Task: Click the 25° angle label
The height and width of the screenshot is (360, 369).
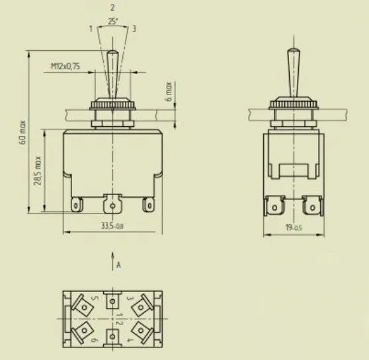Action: tap(113, 21)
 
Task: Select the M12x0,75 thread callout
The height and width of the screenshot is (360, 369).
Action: tap(65, 66)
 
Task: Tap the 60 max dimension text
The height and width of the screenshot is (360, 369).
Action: tap(23, 132)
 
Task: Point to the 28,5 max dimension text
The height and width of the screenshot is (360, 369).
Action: tap(38, 170)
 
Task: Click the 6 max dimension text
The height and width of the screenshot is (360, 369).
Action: tap(169, 91)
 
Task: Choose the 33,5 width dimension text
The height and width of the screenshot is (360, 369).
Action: tap(112, 226)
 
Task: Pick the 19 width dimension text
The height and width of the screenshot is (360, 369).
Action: tap(294, 227)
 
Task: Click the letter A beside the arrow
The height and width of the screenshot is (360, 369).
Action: tap(118, 266)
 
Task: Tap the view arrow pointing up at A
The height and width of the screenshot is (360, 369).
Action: tap(112, 261)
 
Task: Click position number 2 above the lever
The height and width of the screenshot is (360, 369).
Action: tap(112, 8)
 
